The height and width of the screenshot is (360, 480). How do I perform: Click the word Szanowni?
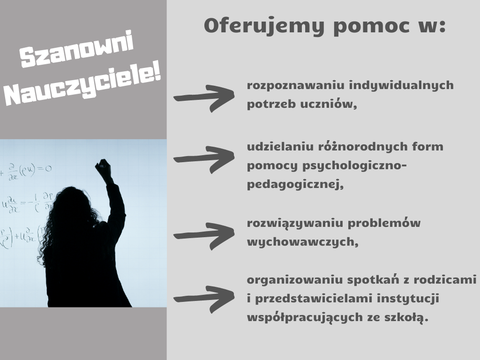coord(76,49)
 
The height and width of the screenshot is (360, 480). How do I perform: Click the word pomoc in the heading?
coord(371,26)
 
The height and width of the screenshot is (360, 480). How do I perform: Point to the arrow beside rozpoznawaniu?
coord(204,98)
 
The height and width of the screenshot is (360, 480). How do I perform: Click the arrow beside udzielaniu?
coord(204,159)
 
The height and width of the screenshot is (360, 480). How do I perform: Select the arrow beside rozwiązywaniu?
coord(204,236)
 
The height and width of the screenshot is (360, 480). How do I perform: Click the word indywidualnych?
coord(401,86)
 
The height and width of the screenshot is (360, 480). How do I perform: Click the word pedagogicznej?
coord(295,185)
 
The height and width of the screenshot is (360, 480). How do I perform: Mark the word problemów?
coord(384,223)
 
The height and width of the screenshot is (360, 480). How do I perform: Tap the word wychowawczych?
coord(302,242)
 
